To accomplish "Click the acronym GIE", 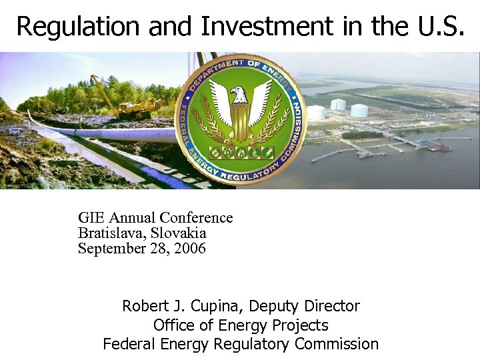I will [x=91, y=218].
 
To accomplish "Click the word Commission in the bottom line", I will [x=337, y=344].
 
